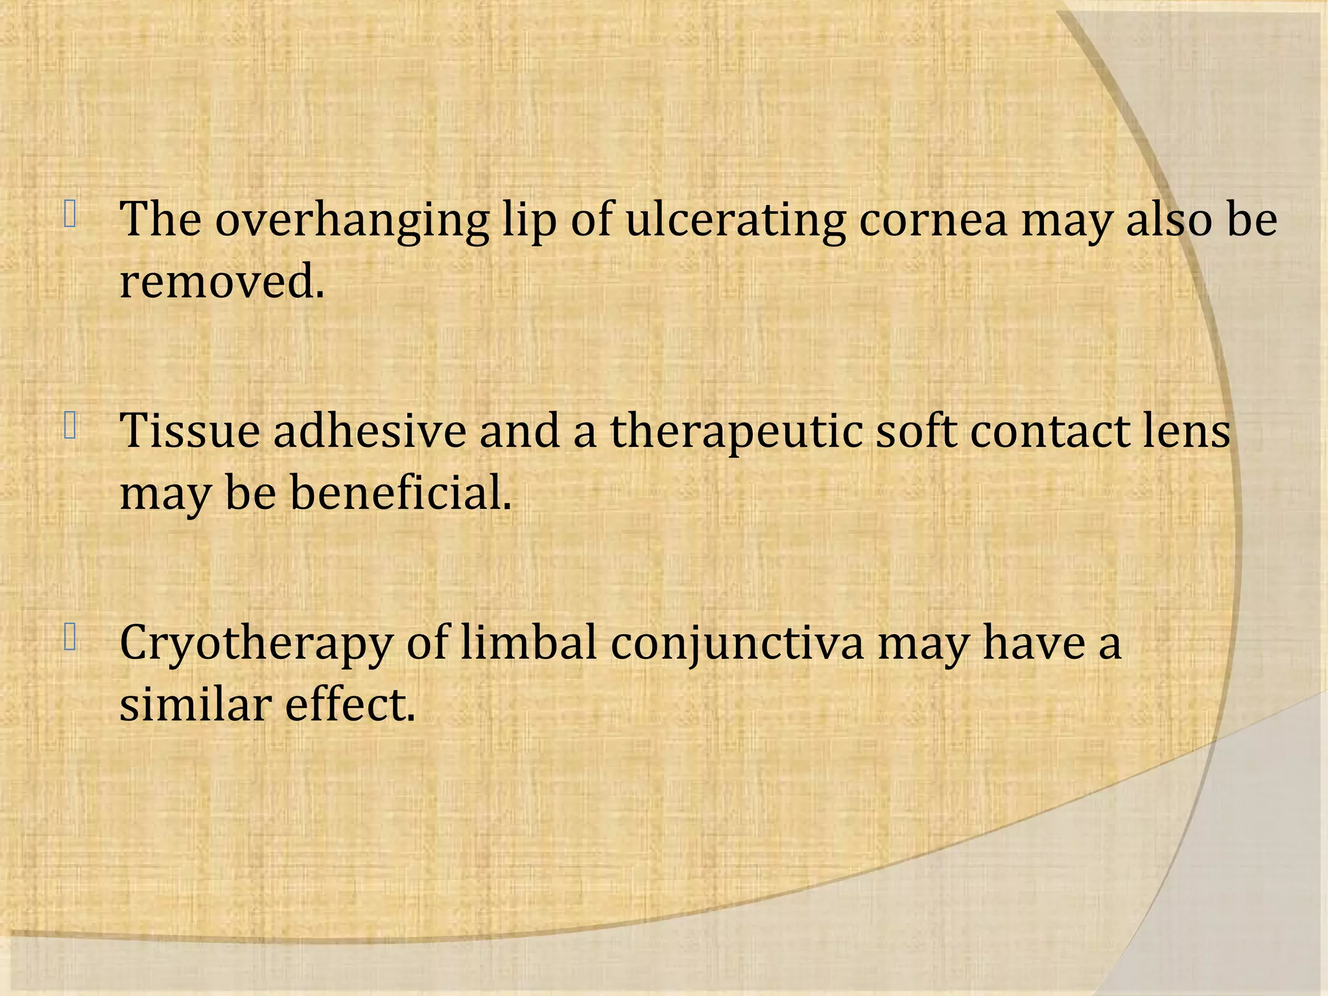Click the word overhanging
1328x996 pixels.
pos(351,220)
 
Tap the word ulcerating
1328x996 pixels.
pos(735,219)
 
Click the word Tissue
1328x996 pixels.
pos(189,431)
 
